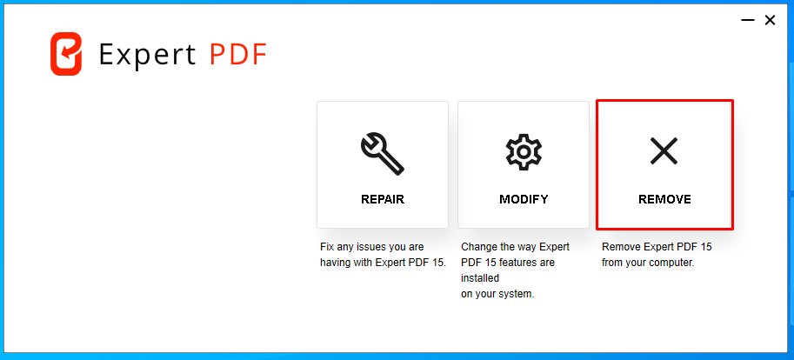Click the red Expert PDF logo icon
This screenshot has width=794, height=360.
66,54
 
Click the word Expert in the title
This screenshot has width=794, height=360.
147,55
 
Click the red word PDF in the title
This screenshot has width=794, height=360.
238,54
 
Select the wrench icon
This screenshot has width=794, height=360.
383,154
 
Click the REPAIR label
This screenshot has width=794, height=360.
383,199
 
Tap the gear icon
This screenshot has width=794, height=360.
524,151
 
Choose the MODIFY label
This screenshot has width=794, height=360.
524,199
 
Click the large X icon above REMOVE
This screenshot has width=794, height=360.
664,151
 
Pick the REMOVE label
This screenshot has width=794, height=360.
664,199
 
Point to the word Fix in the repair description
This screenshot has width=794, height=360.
328,247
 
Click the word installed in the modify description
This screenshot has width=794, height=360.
480,278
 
